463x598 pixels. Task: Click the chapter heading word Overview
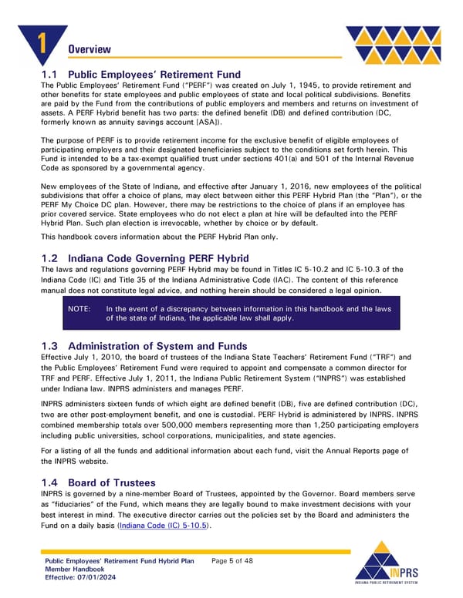point(90,49)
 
